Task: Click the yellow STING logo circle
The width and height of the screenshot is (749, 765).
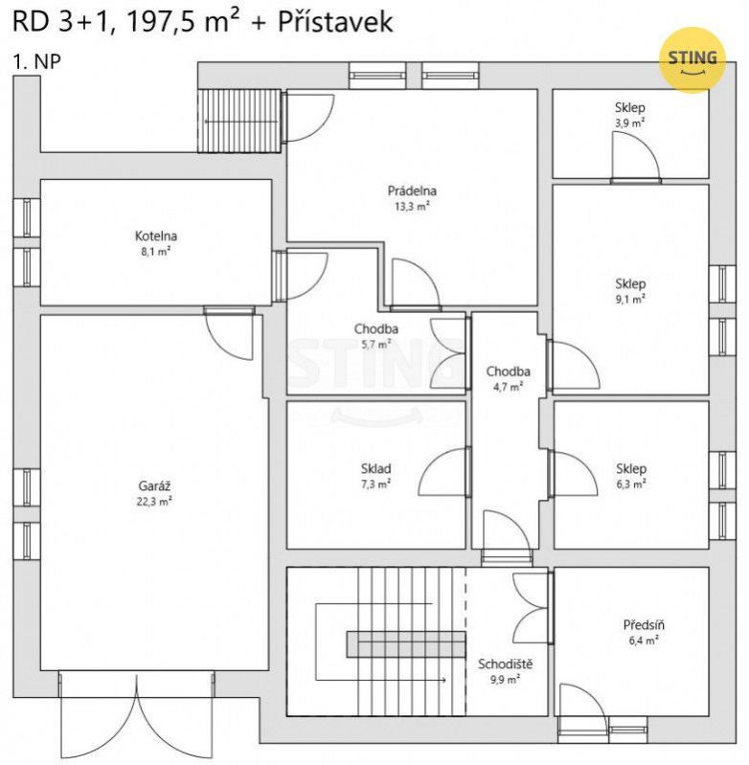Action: pyautogui.click(x=692, y=60)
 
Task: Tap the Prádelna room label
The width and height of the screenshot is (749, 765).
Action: pyautogui.click(x=412, y=191)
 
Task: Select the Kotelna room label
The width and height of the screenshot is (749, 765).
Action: pyautogui.click(x=156, y=236)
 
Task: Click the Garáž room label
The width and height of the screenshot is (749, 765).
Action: pyautogui.click(x=154, y=485)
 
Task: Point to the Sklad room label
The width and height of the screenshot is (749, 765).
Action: pyautogui.click(x=375, y=469)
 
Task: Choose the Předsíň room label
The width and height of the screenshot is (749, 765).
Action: pyautogui.click(x=644, y=624)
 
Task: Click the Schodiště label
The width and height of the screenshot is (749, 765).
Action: pyautogui.click(x=505, y=664)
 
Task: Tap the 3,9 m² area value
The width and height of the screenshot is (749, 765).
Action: pyautogui.click(x=630, y=123)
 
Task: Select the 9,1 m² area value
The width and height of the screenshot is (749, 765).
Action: pyautogui.click(x=630, y=299)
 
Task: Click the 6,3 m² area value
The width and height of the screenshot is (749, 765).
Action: pyautogui.click(x=631, y=484)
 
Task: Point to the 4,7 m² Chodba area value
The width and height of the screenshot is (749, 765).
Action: pyautogui.click(x=508, y=387)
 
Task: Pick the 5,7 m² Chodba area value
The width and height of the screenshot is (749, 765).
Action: pyautogui.click(x=376, y=344)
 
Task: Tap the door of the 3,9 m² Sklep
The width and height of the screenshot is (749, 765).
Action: pyautogui.click(x=635, y=157)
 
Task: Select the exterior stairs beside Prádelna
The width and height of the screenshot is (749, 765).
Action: pyautogui.click(x=239, y=121)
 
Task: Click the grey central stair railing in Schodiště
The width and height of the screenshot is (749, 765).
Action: pyautogui.click(x=406, y=644)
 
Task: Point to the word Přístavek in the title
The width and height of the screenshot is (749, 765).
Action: pyautogui.click(x=335, y=22)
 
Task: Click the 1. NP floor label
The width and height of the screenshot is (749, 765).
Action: pyautogui.click(x=36, y=62)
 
